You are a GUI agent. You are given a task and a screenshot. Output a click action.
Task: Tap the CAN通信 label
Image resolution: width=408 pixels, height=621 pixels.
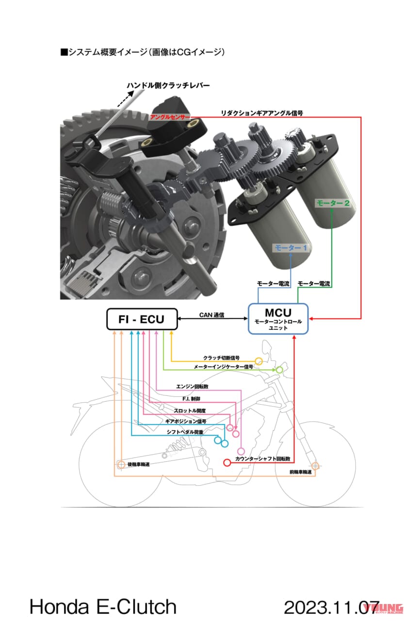(212, 314)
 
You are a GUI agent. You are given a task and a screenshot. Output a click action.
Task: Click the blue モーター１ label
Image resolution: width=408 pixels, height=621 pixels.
(291, 248)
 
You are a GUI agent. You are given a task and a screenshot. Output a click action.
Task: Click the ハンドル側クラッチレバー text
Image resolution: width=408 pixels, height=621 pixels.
(168, 86)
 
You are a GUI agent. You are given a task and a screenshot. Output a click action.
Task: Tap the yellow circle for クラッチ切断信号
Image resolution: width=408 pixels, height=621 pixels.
(259, 361)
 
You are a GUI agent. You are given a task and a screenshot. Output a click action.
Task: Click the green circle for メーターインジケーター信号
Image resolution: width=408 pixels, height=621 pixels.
(279, 370)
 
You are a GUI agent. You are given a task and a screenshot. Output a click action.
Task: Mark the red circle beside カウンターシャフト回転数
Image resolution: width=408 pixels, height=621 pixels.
(227, 463)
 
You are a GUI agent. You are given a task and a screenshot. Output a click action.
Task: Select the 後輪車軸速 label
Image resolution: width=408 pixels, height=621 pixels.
(138, 464)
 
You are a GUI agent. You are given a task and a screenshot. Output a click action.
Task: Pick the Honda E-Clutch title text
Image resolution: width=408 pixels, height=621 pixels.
(103, 606)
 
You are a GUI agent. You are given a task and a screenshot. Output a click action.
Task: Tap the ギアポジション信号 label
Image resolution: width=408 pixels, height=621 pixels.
(186, 422)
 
